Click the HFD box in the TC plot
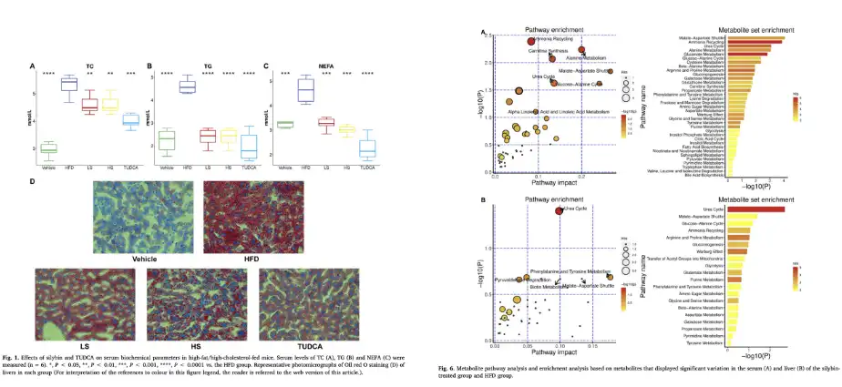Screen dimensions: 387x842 [x=68, y=85]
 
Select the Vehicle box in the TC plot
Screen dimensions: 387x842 [x=49, y=148]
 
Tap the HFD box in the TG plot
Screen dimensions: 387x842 [x=187, y=87]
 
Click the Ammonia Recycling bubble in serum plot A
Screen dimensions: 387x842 [x=531, y=41]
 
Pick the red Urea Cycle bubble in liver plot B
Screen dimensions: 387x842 [x=560, y=210]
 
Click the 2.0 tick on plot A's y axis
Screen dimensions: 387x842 [x=486, y=62]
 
